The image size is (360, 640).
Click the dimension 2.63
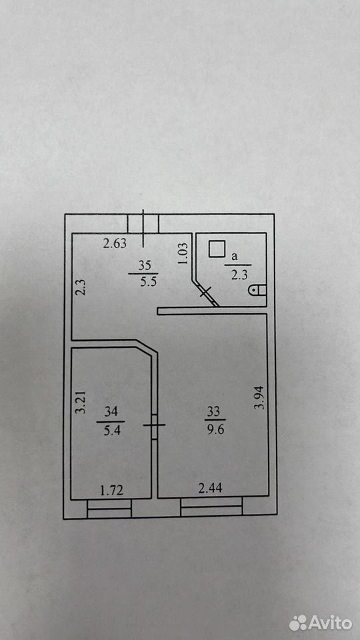(x=115, y=244)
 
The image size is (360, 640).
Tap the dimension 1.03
(x=183, y=254)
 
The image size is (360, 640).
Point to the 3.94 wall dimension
(x=259, y=398)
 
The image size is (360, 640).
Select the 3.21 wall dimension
(x=82, y=403)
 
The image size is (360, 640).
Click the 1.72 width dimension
(x=112, y=490)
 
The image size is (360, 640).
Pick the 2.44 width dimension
(x=210, y=488)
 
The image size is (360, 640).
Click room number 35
(x=144, y=266)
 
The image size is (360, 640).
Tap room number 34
(x=111, y=412)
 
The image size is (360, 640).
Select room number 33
(x=213, y=412)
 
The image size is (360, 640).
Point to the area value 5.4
(x=111, y=431)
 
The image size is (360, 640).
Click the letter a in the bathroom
(x=234, y=257)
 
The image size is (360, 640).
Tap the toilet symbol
(x=257, y=290)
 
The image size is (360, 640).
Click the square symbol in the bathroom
(x=217, y=249)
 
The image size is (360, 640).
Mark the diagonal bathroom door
(x=206, y=293)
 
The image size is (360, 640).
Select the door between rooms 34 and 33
(x=154, y=426)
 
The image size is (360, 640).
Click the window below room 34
(x=109, y=509)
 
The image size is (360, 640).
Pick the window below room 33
(x=211, y=507)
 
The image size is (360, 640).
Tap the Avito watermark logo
(x=321, y=623)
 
